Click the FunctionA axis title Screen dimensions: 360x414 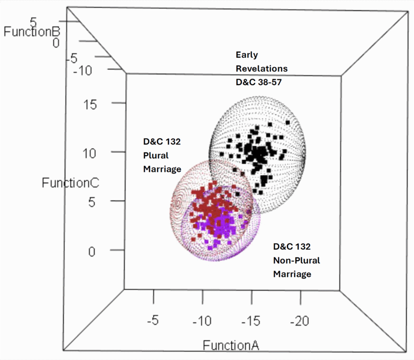coord(231,345)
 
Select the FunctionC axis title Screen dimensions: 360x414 coord(70,183)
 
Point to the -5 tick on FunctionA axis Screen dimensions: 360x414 coord(153,322)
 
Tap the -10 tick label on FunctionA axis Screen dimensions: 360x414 coord(202,322)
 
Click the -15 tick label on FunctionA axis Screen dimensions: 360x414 coord(251,322)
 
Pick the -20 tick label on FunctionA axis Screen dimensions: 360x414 coord(300,322)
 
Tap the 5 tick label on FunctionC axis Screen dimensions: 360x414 coord(92,202)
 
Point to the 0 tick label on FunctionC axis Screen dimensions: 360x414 coord(92,251)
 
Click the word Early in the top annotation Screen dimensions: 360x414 coord(247,55)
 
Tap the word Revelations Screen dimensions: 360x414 coord(262,68)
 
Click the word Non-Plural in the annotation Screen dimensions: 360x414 coord(296,260)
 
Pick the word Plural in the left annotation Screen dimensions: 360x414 coord(156,156)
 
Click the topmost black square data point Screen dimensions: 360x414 coord(288,122)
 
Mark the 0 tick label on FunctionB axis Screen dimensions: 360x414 coord(56,42)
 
